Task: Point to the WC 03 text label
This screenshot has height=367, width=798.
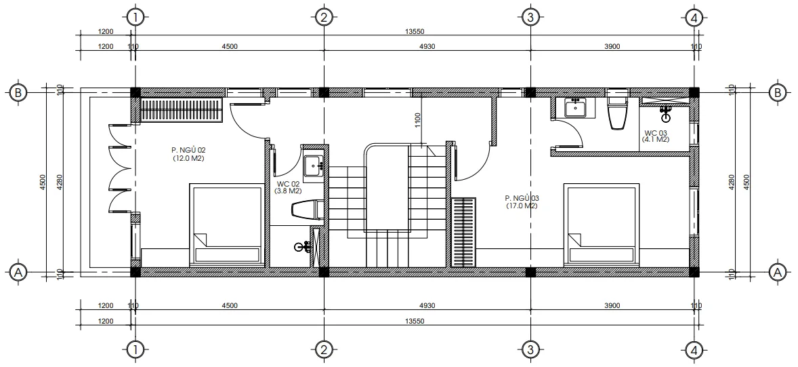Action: pyautogui.click(x=655, y=132)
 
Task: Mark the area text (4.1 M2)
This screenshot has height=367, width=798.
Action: pyautogui.click(x=655, y=140)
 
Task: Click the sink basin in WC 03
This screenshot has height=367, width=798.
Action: pyautogui.click(x=576, y=108)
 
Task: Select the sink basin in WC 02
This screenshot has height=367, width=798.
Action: pyautogui.click(x=313, y=166)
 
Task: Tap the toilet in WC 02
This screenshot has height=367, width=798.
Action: pyautogui.click(x=306, y=210)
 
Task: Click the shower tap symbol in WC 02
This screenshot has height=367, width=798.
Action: pyautogui.click(x=300, y=248)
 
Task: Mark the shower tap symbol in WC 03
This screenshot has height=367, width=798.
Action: pyautogui.click(x=666, y=115)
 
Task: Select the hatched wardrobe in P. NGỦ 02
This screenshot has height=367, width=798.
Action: pyautogui.click(x=181, y=110)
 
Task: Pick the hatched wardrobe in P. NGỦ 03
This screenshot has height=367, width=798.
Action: pyautogui.click(x=465, y=231)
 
